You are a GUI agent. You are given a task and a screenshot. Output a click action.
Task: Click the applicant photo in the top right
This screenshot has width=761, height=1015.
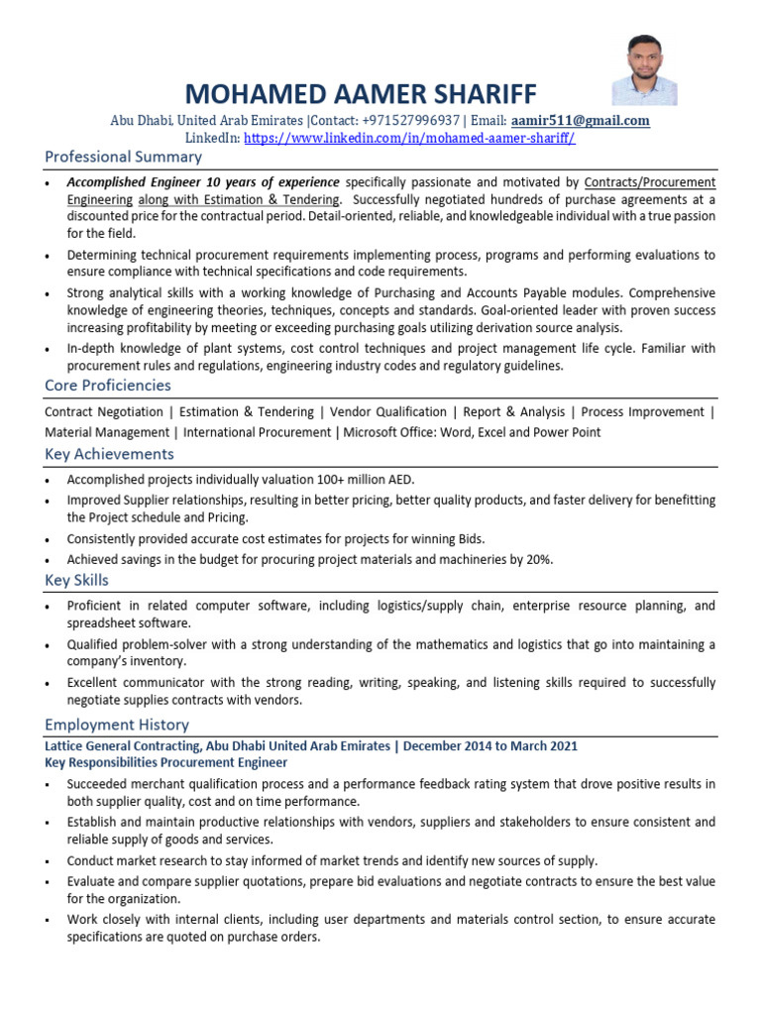644,69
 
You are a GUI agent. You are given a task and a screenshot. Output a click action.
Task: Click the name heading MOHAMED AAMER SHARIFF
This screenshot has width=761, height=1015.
361,93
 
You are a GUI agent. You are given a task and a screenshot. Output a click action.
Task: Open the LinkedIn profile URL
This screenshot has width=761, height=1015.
408,138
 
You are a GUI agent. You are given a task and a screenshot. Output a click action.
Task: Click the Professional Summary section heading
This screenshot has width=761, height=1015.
123,157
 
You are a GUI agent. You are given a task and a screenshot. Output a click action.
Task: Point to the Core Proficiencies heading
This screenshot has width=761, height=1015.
108,386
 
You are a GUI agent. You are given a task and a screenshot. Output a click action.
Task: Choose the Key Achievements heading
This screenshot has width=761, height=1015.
109,454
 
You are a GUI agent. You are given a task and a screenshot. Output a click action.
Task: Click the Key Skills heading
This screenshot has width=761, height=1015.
76,580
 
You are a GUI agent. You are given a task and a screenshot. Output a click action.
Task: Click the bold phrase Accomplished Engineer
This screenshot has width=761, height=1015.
134,182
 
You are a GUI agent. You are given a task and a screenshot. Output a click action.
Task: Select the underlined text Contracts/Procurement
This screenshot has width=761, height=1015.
649,182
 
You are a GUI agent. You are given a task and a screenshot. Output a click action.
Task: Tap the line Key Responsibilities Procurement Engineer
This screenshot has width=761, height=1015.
166,762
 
